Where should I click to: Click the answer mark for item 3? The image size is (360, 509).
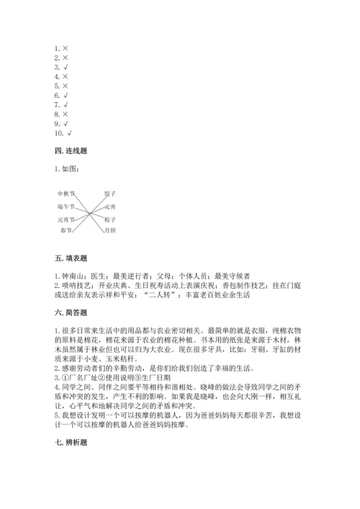(66, 67)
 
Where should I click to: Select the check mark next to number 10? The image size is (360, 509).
(70, 132)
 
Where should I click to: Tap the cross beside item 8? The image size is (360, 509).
(66, 114)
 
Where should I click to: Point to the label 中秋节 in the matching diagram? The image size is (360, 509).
(66, 194)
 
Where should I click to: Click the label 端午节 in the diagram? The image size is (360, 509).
(66, 206)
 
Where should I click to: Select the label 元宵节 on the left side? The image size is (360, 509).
(66, 218)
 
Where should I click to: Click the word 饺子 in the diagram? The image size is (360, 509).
(109, 194)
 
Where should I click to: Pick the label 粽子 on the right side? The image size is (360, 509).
(109, 218)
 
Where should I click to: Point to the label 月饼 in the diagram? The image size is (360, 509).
(109, 230)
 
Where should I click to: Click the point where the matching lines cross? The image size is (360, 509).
(88, 212)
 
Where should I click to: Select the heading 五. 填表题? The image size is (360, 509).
(71, 258)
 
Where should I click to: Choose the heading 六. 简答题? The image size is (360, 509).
(71, 312)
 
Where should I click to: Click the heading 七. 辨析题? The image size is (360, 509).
(71, 440)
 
